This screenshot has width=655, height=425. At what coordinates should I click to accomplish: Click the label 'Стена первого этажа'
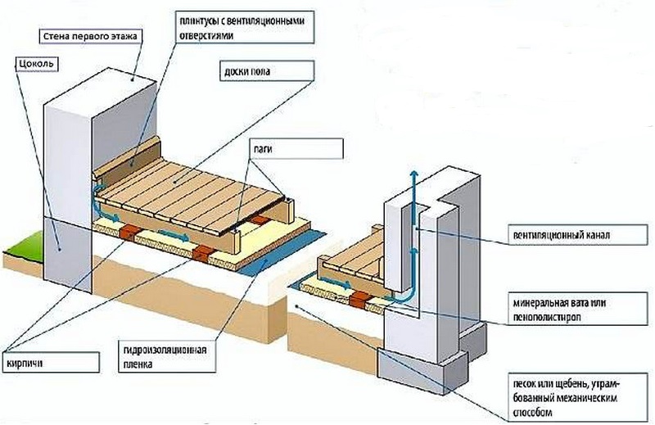90,36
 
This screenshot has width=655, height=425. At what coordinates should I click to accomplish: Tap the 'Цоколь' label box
35,65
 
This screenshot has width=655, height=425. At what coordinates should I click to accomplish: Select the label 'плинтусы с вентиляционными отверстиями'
244,28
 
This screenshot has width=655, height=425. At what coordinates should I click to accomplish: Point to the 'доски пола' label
266,70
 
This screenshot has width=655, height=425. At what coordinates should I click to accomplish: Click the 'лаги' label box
296,149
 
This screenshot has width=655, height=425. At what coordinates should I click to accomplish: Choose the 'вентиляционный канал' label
578,235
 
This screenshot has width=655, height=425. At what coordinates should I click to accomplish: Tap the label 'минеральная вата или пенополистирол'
578,310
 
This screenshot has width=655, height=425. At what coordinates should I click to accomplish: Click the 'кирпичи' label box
51,362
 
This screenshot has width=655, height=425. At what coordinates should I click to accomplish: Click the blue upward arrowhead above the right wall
413,174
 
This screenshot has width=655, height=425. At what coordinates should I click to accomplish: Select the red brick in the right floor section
359,299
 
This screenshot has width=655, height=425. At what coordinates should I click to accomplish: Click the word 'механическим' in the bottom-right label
590,397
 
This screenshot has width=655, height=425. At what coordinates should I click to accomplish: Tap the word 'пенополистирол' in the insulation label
547,317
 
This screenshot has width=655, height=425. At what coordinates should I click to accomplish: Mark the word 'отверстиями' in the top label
206,36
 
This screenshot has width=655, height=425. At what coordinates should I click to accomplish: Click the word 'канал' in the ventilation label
596,235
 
